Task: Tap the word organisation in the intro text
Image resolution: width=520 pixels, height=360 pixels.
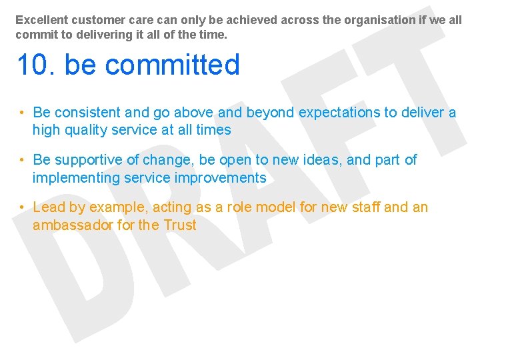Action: [378, 20]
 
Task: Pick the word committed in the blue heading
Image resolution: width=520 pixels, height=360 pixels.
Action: [171, 65]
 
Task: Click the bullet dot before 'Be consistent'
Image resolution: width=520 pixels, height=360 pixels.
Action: [22, 113]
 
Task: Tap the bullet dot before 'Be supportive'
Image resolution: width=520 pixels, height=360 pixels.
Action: [22, 160]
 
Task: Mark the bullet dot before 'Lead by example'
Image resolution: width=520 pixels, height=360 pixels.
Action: [22, 207]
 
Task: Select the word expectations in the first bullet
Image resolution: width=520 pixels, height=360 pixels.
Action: [339, 113]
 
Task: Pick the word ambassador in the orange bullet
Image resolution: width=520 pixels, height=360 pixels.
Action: [73, 225]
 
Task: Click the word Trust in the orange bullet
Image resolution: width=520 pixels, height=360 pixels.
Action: [180, 225]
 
